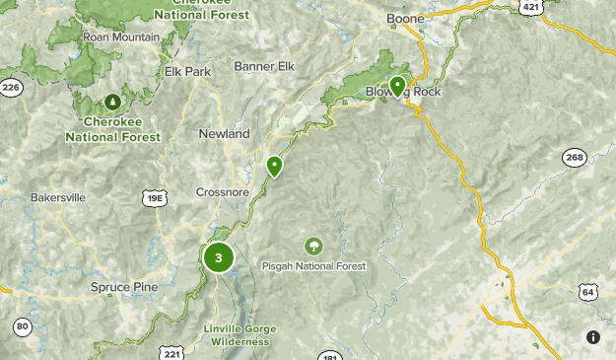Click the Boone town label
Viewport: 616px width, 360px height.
tap(405, 19)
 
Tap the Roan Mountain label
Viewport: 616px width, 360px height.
tap(121, 37)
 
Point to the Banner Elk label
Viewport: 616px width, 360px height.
tap(264, 67)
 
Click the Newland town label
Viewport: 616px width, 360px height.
tap(224, 133)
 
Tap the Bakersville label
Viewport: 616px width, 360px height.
tap(58, 197)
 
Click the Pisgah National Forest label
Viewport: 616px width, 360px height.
tap(313, 266)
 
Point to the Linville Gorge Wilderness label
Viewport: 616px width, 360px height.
tap(240, 334)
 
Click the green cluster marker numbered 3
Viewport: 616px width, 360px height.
tap(218, 258)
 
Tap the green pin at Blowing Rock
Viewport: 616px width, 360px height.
tap(397, 87)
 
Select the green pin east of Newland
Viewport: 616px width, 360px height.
tap(274, 167)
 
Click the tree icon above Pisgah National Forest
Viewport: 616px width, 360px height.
tap(312, 245)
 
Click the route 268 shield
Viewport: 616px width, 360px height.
tap(574, 158)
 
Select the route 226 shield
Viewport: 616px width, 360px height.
tap(11, 89)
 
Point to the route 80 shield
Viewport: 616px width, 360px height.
tap(22, 326)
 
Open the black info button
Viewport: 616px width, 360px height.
tap(592, 337)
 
